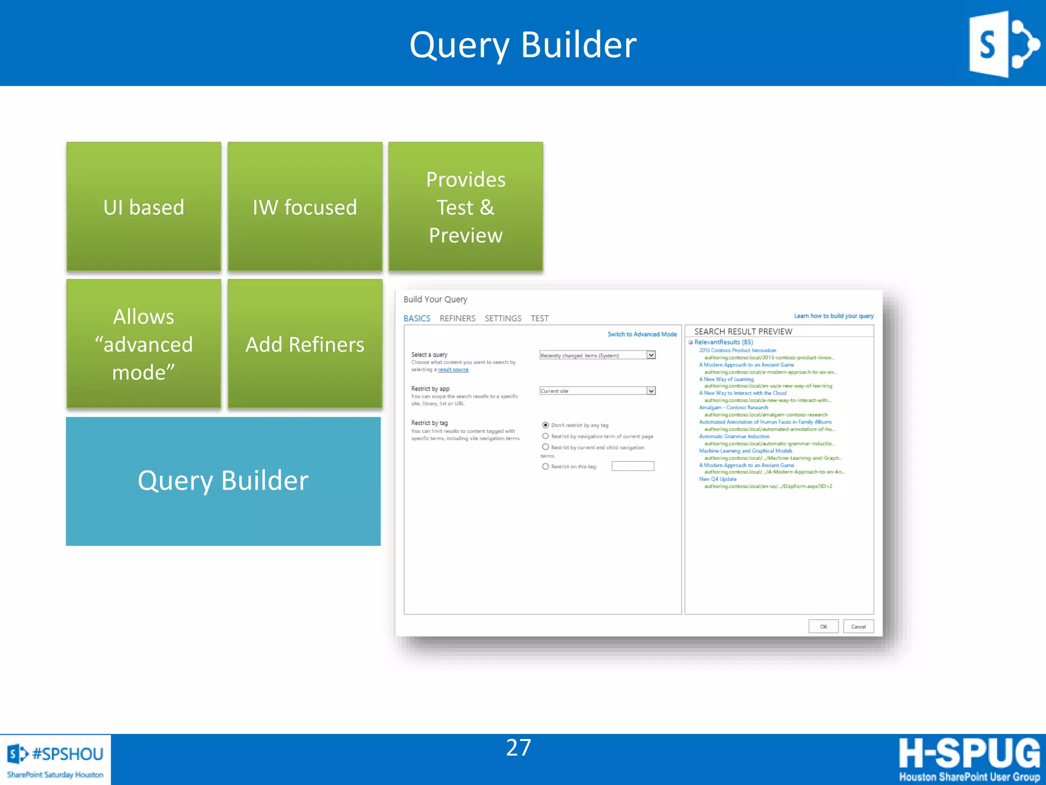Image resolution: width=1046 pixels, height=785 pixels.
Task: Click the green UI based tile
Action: pyautogui.click(x=144, y=206)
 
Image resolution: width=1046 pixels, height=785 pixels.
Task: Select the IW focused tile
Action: pyautogui.click(x=305, y=206)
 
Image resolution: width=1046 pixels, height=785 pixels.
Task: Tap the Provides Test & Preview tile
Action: pyautogui.click(x=465, y=206)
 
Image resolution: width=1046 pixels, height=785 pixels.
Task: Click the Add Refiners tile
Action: pyautogui.click(x=305, y=343)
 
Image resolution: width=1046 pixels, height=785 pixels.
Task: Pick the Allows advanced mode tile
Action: pyautogui.click(x=144, y=343)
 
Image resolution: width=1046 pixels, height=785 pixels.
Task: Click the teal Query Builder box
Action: pyautogui.click(x=223, y=481)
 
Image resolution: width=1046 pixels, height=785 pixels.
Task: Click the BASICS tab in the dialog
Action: pyautogui.click(x=417, y=318)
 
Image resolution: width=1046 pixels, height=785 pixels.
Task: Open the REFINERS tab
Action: pyautogui.click(x=457, y=318)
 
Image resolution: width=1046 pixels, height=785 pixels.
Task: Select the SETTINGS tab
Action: pyautogui.click(x=503, y=318)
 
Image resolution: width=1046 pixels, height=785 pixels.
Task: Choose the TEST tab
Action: pyautogui.click(x=539, y=318)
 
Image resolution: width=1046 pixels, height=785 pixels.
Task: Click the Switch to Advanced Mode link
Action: pyautogui.click(x=641, y=334)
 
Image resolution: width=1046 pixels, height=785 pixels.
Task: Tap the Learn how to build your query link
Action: pyautogui.click(x=834, y=316)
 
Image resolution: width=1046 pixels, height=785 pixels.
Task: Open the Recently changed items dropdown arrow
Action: pyautogui.click(x=651, y=355)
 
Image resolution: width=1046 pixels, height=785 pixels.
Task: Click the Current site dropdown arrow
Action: pyautogui.click(x=651, y=391)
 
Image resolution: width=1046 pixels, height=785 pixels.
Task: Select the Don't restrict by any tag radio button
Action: pyautogui.click(x=545, y=425)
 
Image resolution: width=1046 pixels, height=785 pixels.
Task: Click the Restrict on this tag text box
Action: pyautogui.click(x=633, y=466)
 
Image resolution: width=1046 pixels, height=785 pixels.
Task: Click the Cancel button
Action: pyautogui.click(x=858, y=627)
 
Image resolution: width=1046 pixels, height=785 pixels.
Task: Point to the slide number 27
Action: pyautogui.click(x=518, y=748)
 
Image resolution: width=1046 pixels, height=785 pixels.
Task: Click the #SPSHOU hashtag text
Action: pyautogui.click(x=67, y=754)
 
